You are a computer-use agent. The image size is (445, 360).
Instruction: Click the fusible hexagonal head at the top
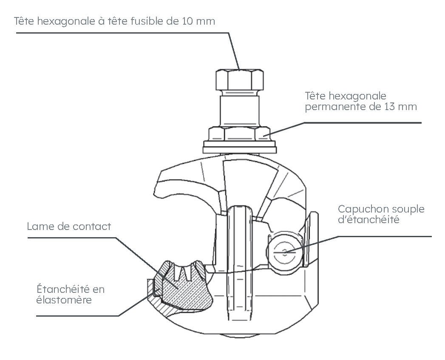(239, 80)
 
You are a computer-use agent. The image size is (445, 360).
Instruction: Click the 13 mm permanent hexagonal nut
(239, 134)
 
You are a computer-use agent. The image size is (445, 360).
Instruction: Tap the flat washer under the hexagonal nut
(240, 147)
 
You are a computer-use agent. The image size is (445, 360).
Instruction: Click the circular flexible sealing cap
(284, 251)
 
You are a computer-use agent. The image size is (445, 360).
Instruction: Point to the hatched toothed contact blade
(184, 285)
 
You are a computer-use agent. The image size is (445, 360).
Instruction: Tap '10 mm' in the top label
(198, 21)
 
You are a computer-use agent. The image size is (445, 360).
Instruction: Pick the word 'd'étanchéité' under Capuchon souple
(368, 219)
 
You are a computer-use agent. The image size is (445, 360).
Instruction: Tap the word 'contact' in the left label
(92, 227)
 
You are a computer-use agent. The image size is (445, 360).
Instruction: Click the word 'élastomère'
(64, 300)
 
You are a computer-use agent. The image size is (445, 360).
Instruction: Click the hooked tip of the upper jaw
(159, 193)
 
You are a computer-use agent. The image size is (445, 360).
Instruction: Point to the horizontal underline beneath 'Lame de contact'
(72, 238)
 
